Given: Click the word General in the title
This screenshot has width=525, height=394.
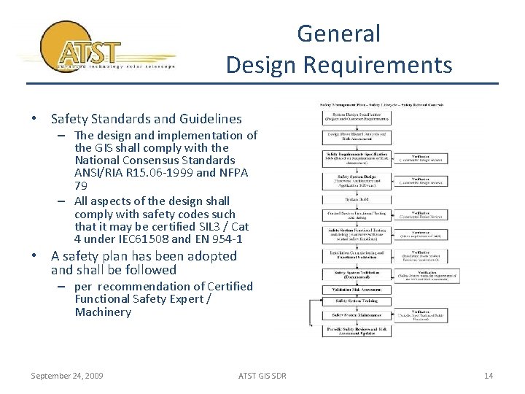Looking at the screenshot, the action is pos(339,34).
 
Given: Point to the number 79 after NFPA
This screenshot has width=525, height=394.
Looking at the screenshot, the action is pos(82,186).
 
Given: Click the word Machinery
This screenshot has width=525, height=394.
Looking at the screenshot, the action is pos(103,312).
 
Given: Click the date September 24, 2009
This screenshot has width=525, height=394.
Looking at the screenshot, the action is pos(67,376).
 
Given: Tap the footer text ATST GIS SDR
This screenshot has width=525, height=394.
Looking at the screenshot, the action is pos(262,376).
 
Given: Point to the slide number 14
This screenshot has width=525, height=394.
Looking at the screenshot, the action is pos(489,376).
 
